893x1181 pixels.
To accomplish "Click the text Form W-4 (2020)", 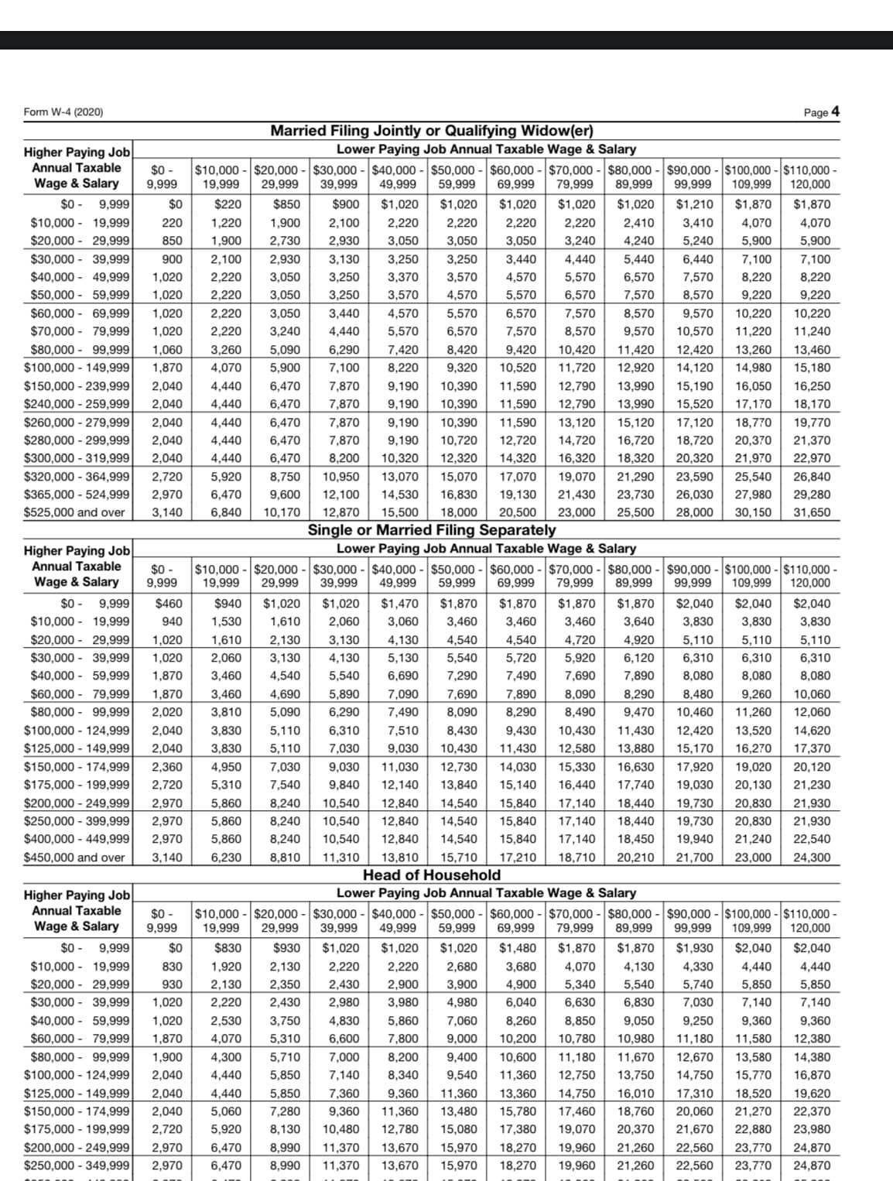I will coord(63,112).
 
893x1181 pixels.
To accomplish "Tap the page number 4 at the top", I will coord(835,111).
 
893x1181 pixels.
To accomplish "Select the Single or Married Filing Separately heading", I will coord(432,530).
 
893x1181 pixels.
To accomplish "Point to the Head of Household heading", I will coord(432,875).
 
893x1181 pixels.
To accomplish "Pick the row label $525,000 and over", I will coord(74,512).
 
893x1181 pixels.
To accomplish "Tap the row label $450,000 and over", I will coord(74,858).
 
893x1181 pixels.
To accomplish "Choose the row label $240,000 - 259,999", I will coord(77,403).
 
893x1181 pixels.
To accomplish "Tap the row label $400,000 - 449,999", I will coord(77,839).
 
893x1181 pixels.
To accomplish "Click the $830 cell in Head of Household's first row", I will coord(227,948).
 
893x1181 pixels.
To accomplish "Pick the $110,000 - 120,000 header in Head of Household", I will coord(810,919).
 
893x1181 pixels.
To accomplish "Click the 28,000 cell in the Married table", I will coord(693,512).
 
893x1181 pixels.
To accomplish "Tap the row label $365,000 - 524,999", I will coord(77,495).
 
